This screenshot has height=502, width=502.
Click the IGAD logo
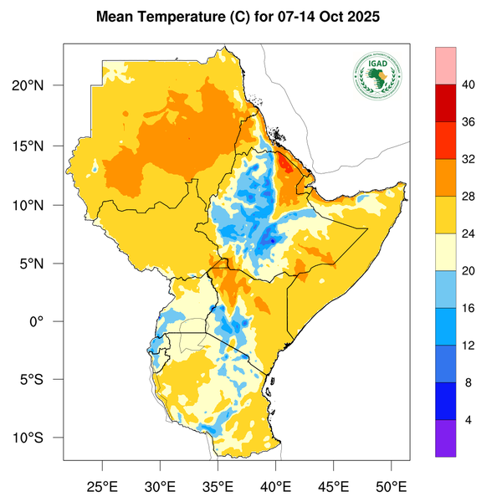click(x=377, y=74)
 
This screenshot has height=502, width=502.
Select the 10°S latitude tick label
click(x=38, y=438)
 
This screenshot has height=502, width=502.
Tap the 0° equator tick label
click(x=49, y=321)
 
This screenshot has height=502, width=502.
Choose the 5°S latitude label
click(x=42, y=379)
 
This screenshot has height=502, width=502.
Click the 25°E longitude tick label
click(x=103, y=485)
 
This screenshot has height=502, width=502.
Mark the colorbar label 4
click(x=469, y=419)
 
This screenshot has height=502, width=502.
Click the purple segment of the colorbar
click(x=445, y=438)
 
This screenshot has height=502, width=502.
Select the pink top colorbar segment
click(x=445, y=65)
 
